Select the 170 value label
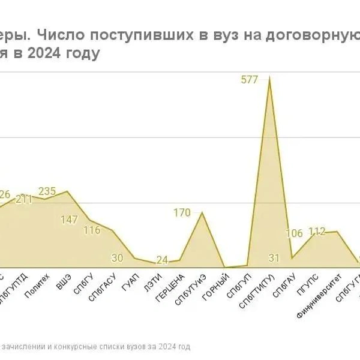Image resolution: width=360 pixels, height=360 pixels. pyautogui.click(x=182, y=212)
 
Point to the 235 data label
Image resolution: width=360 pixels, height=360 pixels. pyautogui.click(x=47, y=191)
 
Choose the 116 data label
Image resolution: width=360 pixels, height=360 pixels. pyautogui.click(x=92, y=230)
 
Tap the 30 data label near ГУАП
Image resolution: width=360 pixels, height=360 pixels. pyautogui.click(x=118, y=258)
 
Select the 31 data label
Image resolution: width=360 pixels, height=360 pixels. pyautogui.click(x=274, y=258)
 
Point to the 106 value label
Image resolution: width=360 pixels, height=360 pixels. pyautogui.click(x=295, y=233)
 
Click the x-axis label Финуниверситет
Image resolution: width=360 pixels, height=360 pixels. pyautogui.click(x=319, y=296)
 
